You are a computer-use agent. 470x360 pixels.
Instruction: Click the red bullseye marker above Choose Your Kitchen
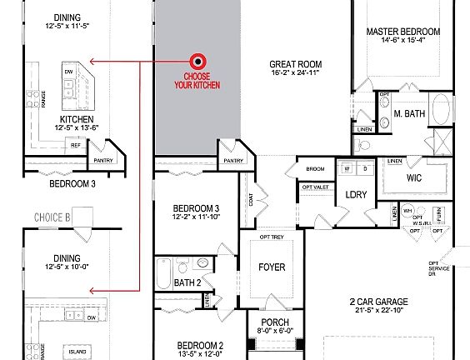tap(198, 61)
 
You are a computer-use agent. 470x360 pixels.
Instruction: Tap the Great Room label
tap(295, 64)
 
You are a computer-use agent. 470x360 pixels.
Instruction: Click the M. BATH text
tap(410, 112)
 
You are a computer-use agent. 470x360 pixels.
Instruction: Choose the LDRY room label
tap(357, 194)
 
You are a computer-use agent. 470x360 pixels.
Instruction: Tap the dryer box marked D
tap(364, 168)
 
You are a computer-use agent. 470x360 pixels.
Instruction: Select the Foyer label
tap(272, 267)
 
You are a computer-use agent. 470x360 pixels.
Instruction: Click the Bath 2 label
tap(188, 282)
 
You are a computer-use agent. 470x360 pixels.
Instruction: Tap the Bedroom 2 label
tap(199, 345)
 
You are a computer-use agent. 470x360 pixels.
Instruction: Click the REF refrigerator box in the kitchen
tap(76, 145)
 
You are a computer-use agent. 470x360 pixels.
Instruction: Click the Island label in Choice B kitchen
tap(77, 351)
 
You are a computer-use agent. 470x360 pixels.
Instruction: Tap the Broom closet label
tap(315, 169)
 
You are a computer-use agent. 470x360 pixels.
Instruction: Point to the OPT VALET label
tap(314, 187)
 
